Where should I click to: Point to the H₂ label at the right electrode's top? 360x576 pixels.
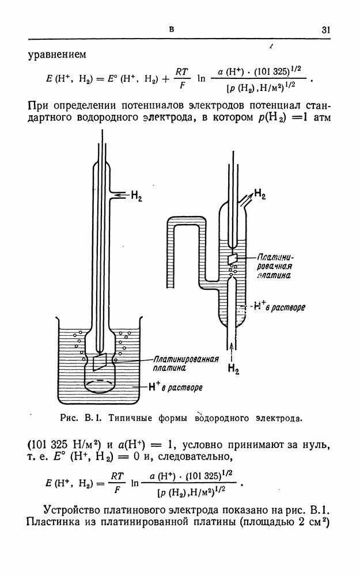click(260, 193)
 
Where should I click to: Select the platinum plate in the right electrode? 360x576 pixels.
click(232, 259)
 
